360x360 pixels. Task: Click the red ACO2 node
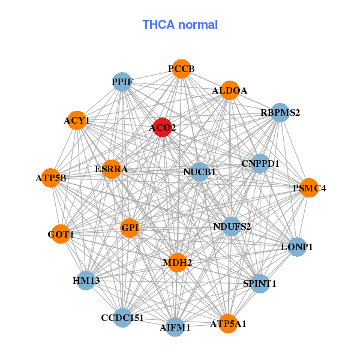point(162,127)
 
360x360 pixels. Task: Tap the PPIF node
point(122,82)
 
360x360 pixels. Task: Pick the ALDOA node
point(229,91)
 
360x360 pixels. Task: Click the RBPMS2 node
point(280,112)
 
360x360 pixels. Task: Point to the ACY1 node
point(77,121)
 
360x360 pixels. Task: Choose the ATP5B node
point(51,178)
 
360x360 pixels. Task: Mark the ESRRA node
point(111,169)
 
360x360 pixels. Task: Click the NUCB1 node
point(199,172)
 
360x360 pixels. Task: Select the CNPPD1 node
point(260,163)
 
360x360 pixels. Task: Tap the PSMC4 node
point(309,188)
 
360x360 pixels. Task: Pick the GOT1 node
point(61,235)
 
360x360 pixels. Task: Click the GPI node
point(130,228)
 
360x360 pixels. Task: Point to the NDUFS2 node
point(232,227)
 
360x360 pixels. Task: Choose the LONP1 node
point(298,247)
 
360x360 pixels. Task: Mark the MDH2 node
point(177,262)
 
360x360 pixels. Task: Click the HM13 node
point(86,281)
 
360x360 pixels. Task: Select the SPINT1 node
point(259,283)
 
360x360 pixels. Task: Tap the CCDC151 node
point(122,317)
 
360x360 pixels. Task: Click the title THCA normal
point(180,25)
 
